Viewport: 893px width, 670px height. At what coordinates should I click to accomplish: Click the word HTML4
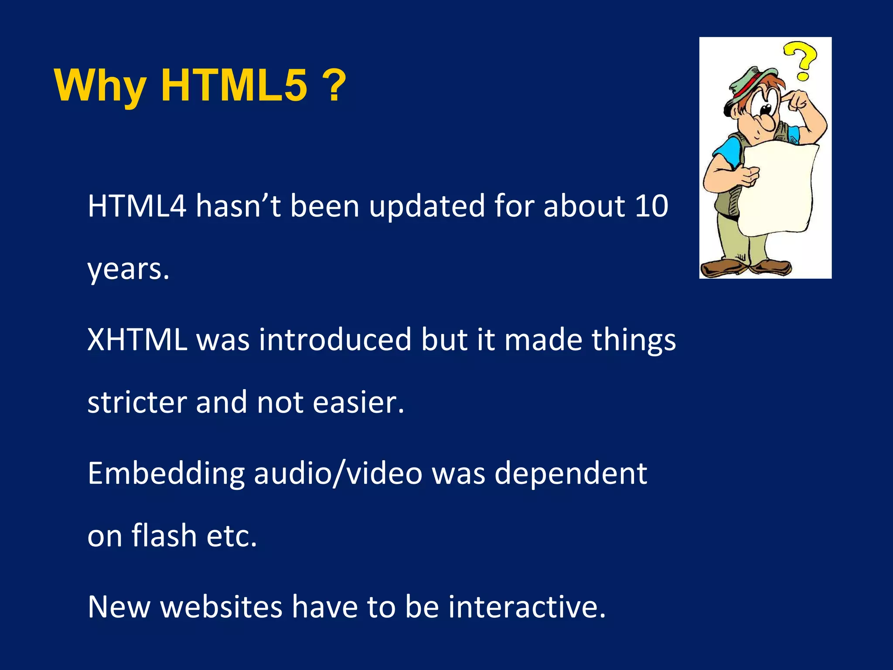pyautogui.click(x=137, y=206)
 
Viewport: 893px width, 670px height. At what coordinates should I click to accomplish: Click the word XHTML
pyautogui.click(x=137, y=340)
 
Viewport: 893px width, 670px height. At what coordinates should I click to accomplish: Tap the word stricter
pyautogui.click(x=137, y=402)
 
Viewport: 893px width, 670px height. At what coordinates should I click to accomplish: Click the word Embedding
pyautogui.click(x=166, y=474)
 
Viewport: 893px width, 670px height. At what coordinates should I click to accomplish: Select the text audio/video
pyautogui.click(x=338, y=474)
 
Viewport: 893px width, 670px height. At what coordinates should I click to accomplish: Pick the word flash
pyautogui.click(x=164, y=536)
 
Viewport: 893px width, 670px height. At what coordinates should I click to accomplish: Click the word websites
pyautogui.click(x=222, y=607)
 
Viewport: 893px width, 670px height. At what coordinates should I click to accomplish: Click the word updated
pyautogui.click(x=427, y=206)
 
